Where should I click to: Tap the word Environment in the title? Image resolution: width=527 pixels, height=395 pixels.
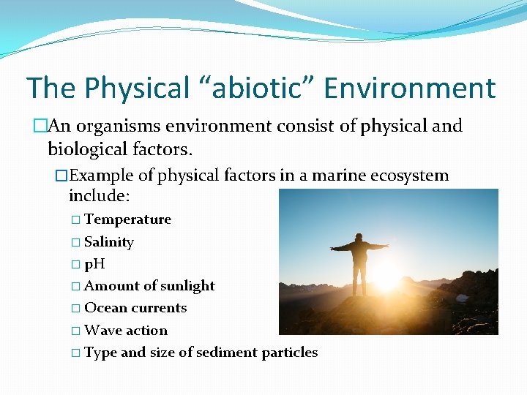[x=409, y=89]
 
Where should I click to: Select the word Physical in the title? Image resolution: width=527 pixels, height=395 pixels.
[x=138, y=89]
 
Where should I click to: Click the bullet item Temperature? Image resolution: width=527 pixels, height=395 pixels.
[x=127, y=219]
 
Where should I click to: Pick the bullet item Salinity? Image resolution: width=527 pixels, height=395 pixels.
[x=109, y=242]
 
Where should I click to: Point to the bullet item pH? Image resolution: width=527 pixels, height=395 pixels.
[x=94, y=264]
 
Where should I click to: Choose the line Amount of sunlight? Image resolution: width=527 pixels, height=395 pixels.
[x=149, y=286]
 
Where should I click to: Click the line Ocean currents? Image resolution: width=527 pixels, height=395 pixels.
[x=135, y=308]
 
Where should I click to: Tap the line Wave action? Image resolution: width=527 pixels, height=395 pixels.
[x=126, y=331]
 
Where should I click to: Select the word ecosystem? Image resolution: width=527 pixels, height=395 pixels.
[x=411, y=176]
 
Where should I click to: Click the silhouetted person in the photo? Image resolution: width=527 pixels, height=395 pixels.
[x=359, y=263]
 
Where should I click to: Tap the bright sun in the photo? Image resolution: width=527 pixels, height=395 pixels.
[x=386, y=276]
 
